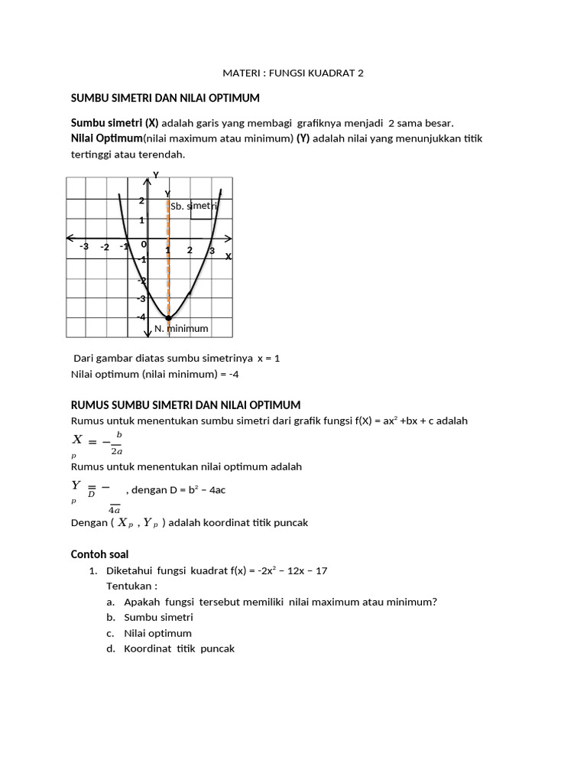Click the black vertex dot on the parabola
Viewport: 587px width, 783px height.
click(x=168, y=318)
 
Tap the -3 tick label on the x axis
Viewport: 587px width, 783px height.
click(x=84, y=247)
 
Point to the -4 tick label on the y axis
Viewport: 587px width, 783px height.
click(x=141, y=317)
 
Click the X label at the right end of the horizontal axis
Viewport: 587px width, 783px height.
click(x=228, y=257)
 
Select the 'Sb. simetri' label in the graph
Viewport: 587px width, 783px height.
click(x=194, y=206)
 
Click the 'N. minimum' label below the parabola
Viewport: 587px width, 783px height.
click(x=181, y=329)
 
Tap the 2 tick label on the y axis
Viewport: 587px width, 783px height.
click(x=141, y=201)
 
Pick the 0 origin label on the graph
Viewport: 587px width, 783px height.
click(x=143, y=245)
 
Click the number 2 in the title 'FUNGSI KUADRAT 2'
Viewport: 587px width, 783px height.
click(x=361, y=73)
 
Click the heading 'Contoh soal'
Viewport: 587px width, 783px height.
click(x=99, y=554)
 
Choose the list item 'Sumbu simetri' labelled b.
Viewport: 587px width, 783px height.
click(x=158, y=617)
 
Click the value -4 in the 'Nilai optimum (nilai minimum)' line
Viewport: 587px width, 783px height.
click(x=234, y=375)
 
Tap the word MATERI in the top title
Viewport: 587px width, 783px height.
click(x=238, y=73)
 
